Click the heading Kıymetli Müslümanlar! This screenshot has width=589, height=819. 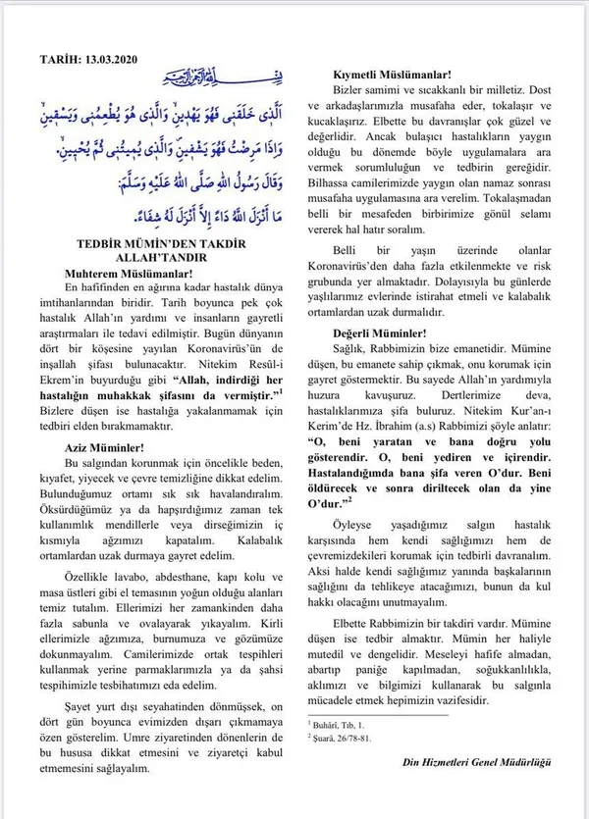394,75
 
